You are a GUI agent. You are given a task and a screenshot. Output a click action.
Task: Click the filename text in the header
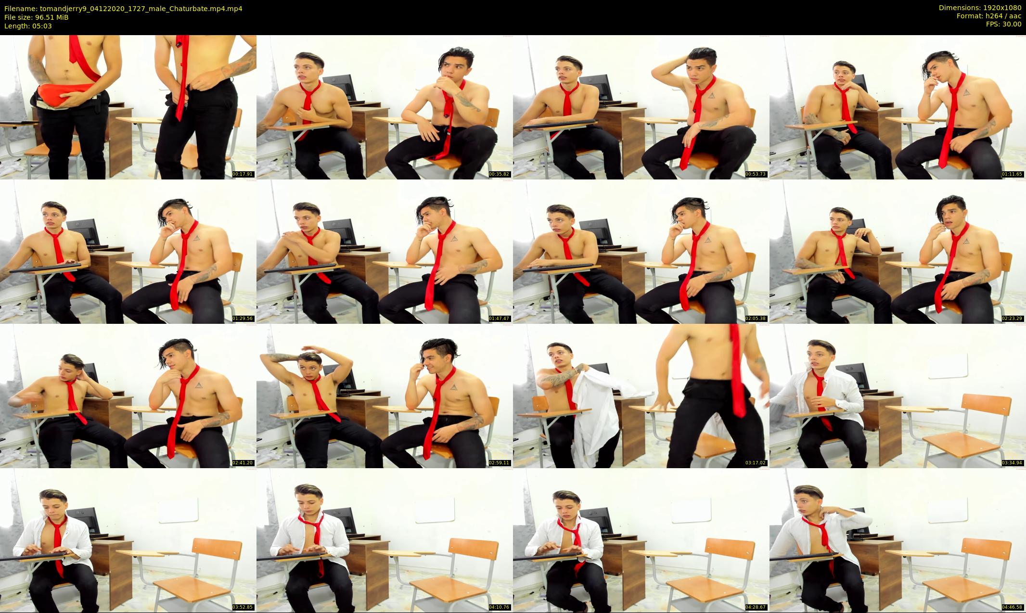tap(123, 8)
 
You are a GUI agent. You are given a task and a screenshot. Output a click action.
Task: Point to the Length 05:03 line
tap(28, 26)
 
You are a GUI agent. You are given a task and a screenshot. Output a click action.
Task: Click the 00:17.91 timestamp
tap(243, 174)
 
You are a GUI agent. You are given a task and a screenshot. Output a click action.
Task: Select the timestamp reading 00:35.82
tap(499, 174)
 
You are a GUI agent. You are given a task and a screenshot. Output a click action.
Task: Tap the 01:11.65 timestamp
tap(1012, 174)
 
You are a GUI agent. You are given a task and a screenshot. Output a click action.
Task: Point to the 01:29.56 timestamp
tap(243, 319)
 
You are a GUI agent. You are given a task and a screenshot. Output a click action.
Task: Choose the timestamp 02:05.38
tap(756, 319)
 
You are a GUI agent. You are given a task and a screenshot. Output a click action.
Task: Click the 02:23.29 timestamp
tap(1012, 319)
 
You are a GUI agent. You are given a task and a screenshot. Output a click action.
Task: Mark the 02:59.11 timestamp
tap(499, 463)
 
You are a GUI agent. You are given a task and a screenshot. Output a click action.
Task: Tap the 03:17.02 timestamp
tap(756, 463)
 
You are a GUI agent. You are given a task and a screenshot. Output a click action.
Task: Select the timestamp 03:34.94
tap(1012, 463)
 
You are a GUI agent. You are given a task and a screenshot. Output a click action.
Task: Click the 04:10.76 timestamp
tap(499, 607)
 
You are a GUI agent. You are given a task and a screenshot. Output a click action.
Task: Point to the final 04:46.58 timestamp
tap(1012, 607)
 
